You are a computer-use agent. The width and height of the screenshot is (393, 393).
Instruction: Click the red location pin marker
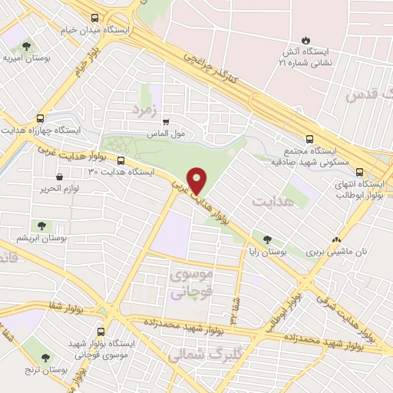click(197, 180)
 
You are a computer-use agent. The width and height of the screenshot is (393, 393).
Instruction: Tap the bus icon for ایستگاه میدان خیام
click(94, 18)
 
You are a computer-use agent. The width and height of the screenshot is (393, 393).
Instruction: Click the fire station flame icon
click(305, 39)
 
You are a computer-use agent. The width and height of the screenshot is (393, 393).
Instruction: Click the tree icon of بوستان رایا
click(267, 239)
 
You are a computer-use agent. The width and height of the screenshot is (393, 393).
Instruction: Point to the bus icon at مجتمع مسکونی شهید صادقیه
click(309, 140)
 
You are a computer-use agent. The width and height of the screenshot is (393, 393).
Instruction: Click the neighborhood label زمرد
click(144, 110)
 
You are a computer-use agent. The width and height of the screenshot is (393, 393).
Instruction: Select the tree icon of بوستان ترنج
click(46, 358)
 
